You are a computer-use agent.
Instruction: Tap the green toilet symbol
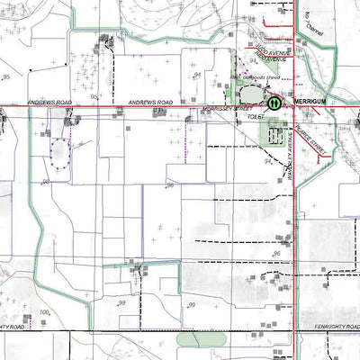point(273,103)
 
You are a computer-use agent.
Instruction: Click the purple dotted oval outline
point(60,156)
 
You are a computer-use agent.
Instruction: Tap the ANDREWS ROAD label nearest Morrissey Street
point(150,103)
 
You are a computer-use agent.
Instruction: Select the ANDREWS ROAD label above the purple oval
point(50,103)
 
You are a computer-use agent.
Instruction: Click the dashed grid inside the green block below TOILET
point(275,136)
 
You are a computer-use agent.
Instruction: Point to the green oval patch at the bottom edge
point(200,339)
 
